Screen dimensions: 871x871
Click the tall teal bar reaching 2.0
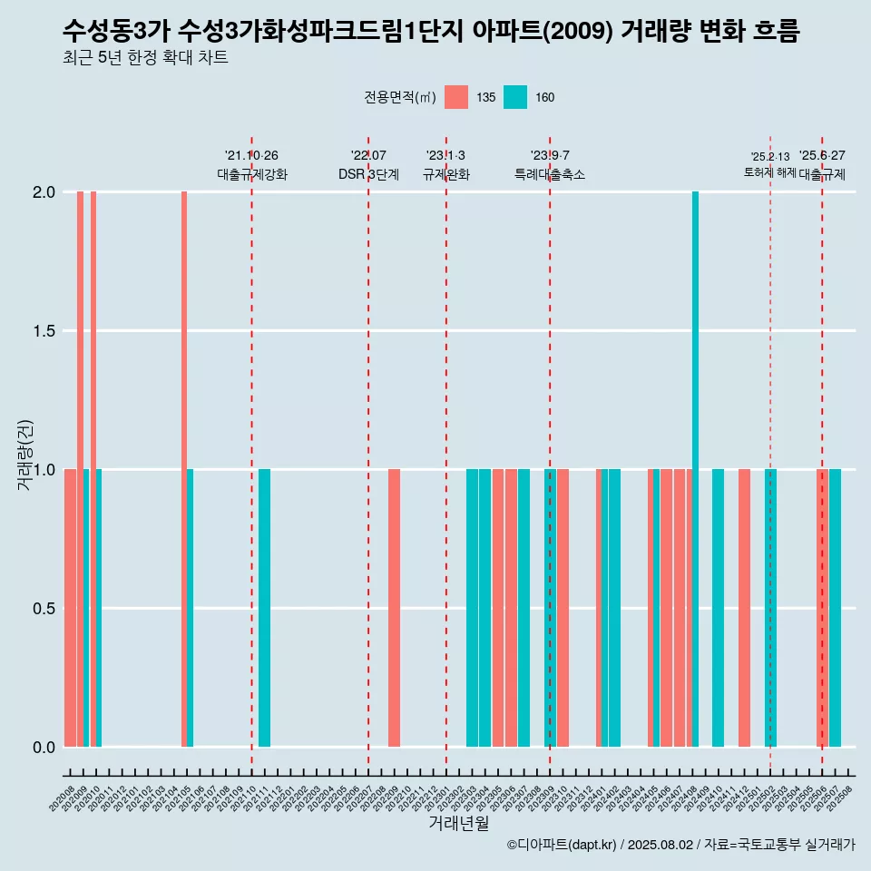point(695,469)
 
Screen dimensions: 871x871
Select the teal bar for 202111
point(264,608)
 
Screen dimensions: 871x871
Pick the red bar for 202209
point(394,608)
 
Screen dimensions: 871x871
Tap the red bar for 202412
point(744,608)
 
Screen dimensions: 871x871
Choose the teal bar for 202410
point(718,608)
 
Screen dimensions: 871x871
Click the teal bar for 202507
point(835,608)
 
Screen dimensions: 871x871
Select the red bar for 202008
point(70,608)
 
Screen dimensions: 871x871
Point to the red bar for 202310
point(563,608)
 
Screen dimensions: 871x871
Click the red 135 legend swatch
point(456,97)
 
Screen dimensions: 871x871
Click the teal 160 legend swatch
point(514,97)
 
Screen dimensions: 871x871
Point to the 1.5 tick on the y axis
point(44,331)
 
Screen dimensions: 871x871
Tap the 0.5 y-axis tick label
point(44,608)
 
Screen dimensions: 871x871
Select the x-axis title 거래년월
point(458,824)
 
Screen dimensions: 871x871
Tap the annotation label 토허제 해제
point(769,172)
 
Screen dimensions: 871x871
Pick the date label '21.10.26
point(251,156)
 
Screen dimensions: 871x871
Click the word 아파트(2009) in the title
point(541,32)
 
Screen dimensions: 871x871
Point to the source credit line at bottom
point(680,846)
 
